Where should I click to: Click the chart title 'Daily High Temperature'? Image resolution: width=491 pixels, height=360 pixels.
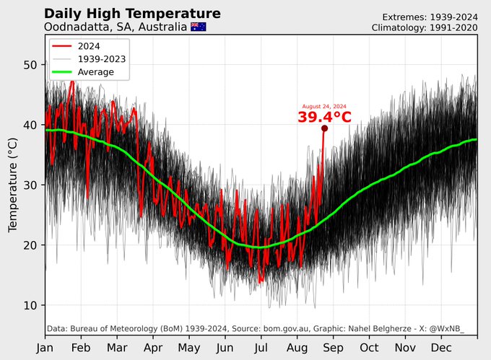coord(132,14)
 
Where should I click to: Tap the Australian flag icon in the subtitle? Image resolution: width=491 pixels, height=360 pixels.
coord(198,27)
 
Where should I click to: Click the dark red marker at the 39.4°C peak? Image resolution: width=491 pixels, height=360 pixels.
coord(324,128)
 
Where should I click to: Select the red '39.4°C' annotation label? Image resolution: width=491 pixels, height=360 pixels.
coord(324,117)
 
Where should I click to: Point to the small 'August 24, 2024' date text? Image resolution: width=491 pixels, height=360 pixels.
coord(324,106)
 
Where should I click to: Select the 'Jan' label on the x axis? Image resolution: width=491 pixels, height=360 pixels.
coord(45,347)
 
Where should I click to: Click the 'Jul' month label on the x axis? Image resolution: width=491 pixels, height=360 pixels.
coord(261,347)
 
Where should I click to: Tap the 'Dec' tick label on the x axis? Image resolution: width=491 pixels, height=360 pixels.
coord(441,347)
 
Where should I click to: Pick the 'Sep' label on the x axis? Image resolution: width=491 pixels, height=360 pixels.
coord(333,347)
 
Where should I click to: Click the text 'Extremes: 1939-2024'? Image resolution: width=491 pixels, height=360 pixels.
coord(430,17)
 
